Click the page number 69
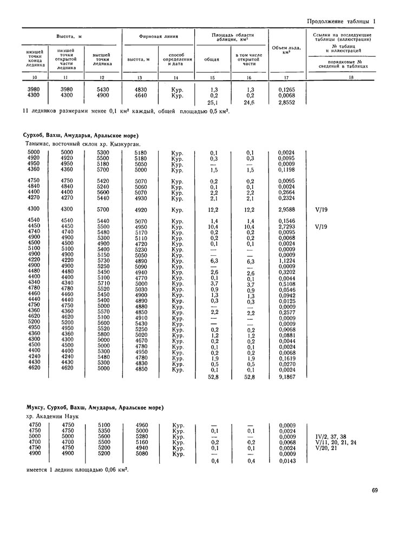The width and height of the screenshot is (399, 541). point(375,491)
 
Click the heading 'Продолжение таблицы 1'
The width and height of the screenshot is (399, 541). point(341,21)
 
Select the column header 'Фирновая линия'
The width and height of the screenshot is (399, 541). point(159,36)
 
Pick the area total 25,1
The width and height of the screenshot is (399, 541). point(213,102)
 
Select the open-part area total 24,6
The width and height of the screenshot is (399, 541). point(250,102)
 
